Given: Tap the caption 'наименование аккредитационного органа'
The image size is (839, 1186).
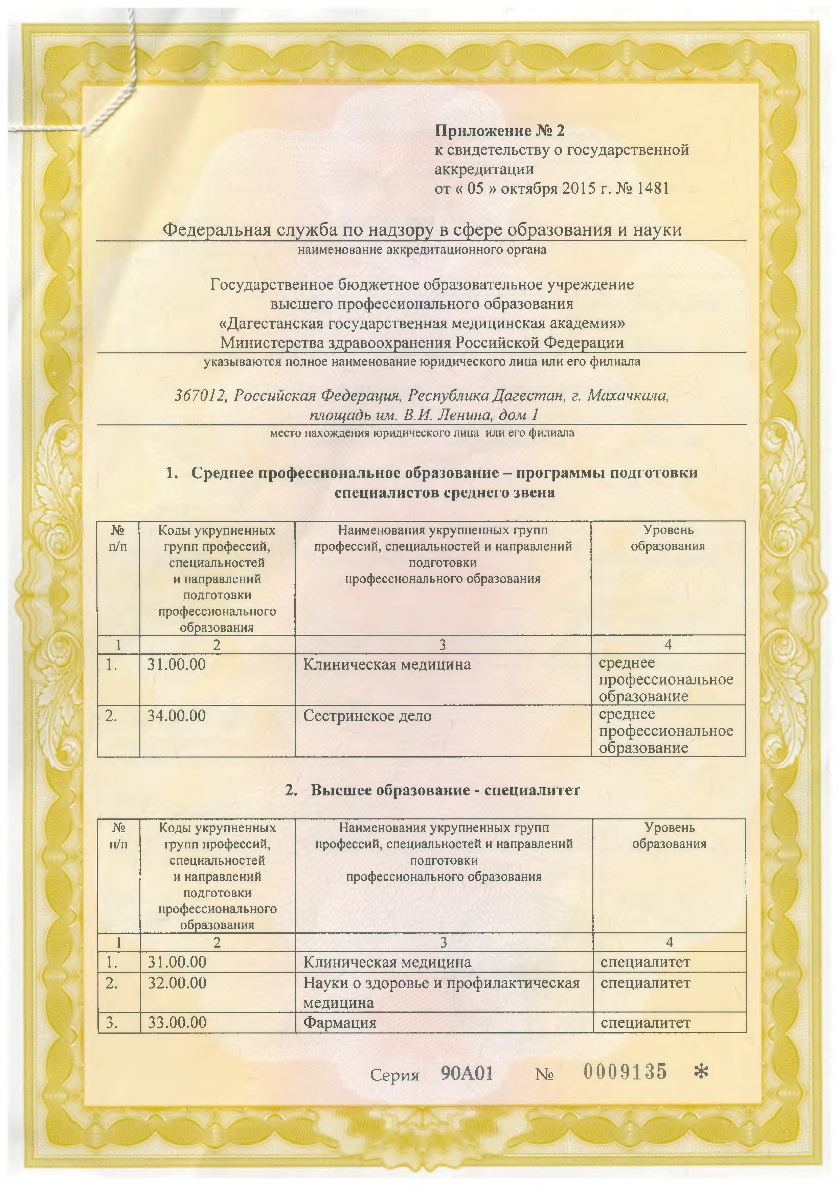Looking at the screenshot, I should [422, 251].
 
